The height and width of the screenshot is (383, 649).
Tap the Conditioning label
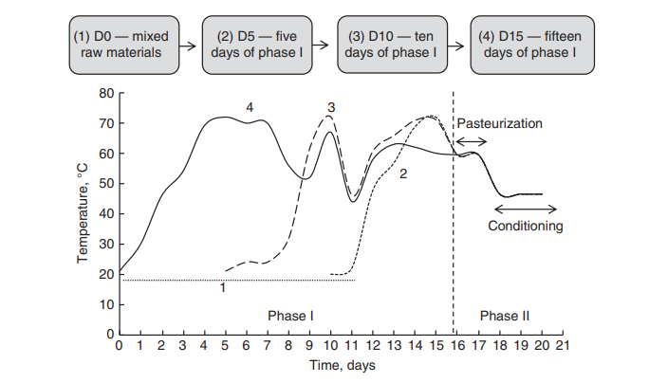coord(525,226)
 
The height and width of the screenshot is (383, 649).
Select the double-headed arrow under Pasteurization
coord(472,140)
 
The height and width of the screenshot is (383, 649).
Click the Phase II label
coord(503,314)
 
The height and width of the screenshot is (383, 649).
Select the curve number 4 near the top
coord(250,108)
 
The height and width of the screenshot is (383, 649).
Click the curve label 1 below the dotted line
coord(222,286)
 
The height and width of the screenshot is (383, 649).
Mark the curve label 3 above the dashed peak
coord(330,108)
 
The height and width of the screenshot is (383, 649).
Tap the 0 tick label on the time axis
coord(119,346)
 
